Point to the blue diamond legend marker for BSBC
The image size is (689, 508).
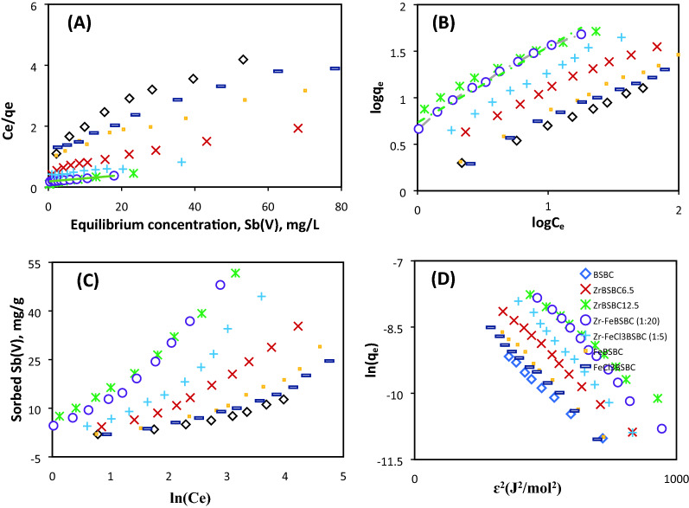pyautogui.click(x=585, y=286)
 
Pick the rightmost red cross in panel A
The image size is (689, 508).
pyautogui.click(x=297, y=128)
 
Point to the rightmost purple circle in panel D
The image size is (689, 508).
pyautogui.click(x=661, y=428)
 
